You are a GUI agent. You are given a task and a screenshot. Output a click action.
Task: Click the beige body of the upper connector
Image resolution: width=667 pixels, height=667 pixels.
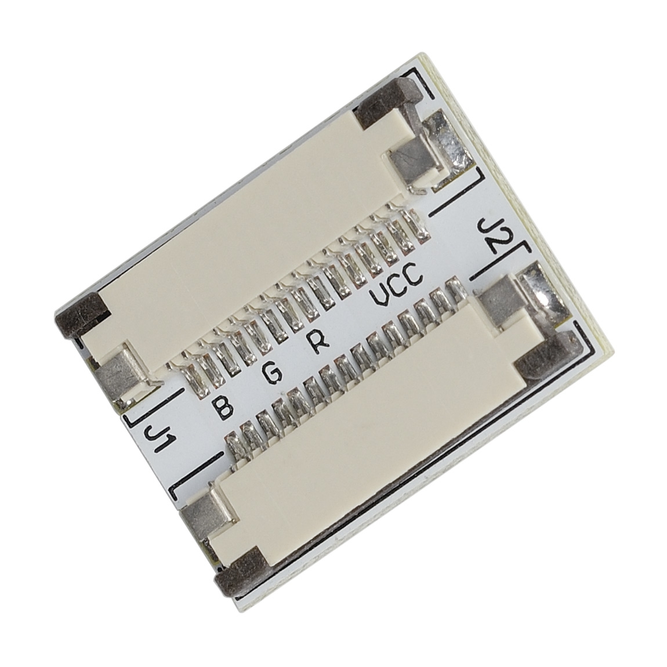tap(246, 238)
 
